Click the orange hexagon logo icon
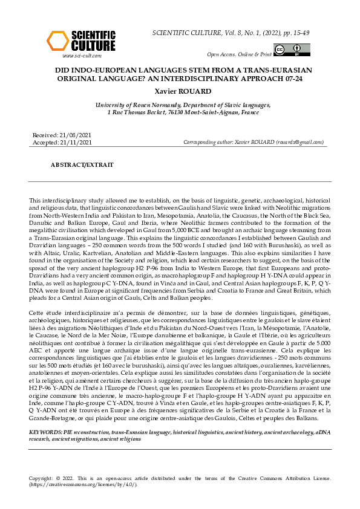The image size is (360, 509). [x=57, y=41]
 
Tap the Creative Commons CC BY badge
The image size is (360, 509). [x=287, y=50]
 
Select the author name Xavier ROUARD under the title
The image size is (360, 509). [x=180, y=91]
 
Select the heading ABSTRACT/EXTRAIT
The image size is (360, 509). [x=77, y=164]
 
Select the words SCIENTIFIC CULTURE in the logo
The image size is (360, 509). [x=93, y=41]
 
